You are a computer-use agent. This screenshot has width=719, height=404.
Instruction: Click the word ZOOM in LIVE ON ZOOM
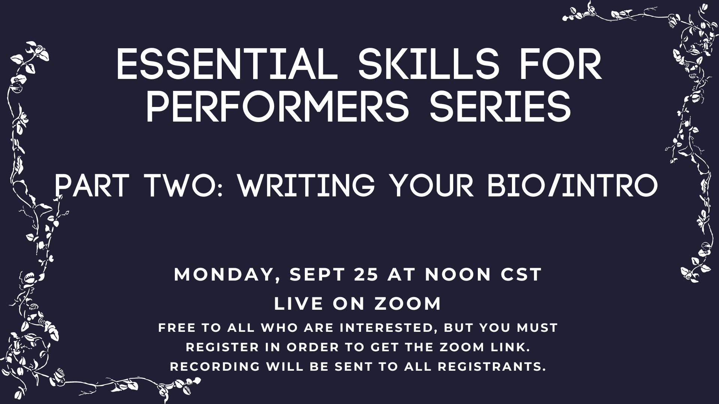tap(408, 304)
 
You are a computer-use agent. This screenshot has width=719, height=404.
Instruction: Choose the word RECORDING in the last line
tap(215, 367)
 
